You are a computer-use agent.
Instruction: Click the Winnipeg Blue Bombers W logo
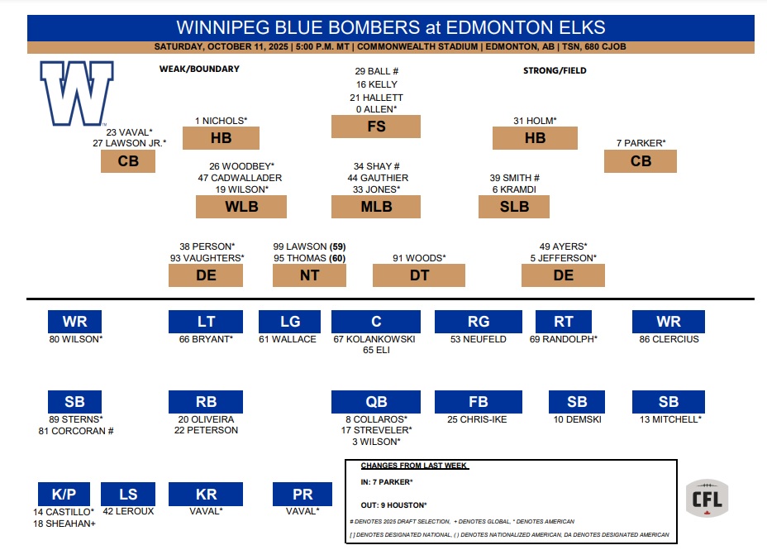(77, 93)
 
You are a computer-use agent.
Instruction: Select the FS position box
(376, 127)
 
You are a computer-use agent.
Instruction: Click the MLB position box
(376, 207)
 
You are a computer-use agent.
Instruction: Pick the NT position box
(309, 275)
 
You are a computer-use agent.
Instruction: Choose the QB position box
(376, 402)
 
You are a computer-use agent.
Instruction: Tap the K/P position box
(64, 495)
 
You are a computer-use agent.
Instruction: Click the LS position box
(128, 495)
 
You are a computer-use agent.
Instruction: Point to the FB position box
(478, 402)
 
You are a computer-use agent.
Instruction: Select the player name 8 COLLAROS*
(376, 419)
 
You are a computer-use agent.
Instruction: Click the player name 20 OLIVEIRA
(206, 419)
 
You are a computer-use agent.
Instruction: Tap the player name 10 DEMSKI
(577, 419)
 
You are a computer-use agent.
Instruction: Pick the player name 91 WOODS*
(419, 258)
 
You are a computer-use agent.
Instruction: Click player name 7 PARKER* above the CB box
(641, 143)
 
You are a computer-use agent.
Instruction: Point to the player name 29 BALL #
(377, 72)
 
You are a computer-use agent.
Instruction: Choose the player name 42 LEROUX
(128, 511)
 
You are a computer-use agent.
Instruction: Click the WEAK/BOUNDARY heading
(199, 69)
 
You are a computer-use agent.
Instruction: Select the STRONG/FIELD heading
(555, 71)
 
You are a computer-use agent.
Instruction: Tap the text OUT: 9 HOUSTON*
(393, 505)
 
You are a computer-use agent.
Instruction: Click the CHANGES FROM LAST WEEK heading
(414, 466)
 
